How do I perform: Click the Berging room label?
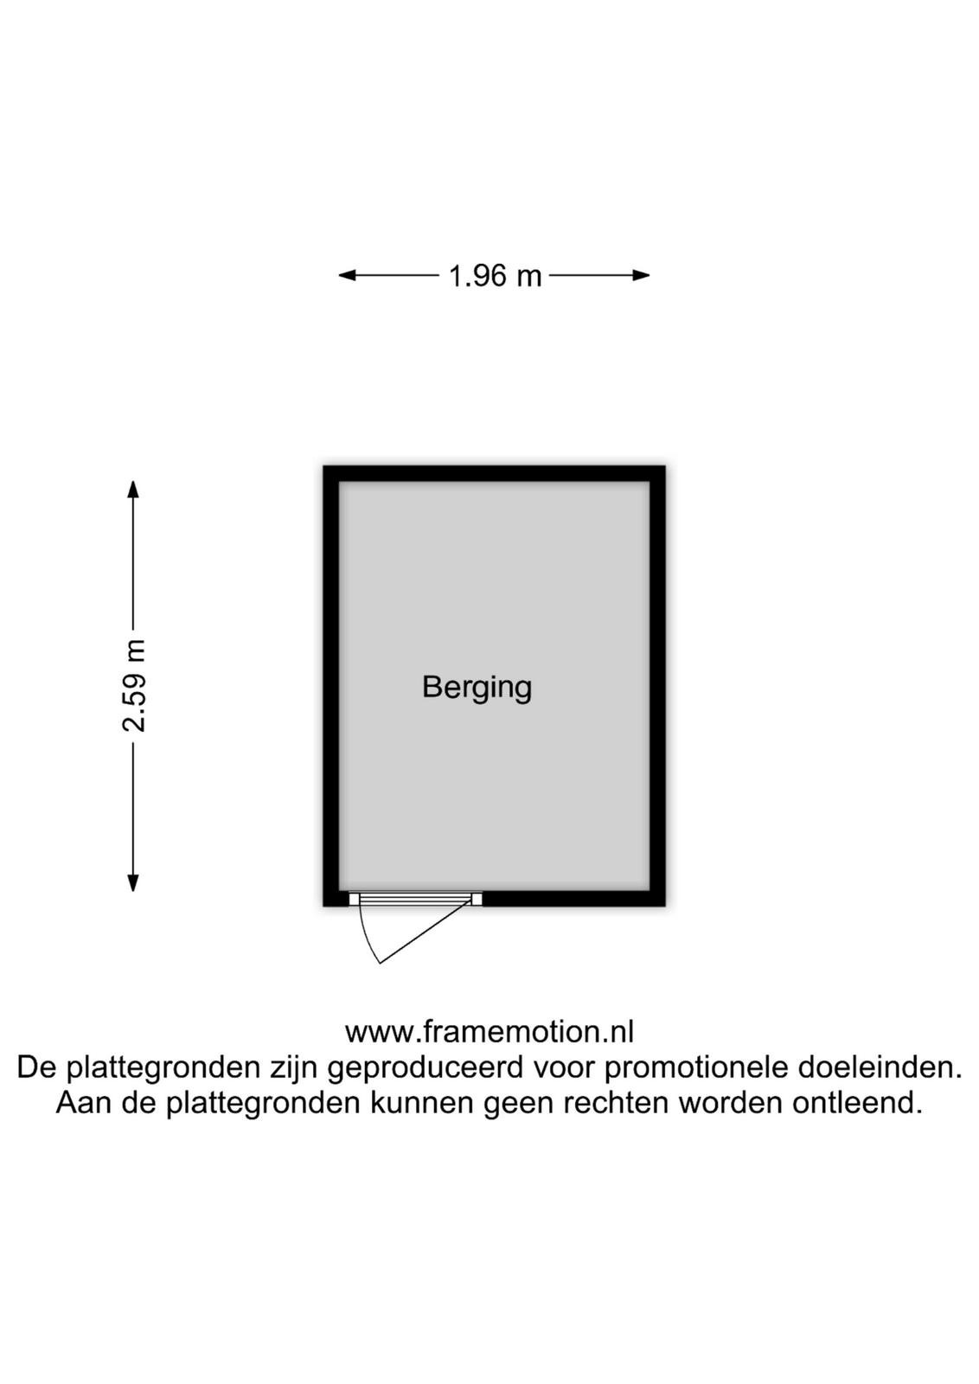(x=477, y=689)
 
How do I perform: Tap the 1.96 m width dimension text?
(x=494, y=276)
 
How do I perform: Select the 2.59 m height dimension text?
(x=133, y=686)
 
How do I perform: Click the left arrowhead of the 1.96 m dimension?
(x=347, y=276)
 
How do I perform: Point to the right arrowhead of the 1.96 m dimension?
(x=641, y=276)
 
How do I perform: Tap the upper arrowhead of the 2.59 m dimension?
(x=133, y=490)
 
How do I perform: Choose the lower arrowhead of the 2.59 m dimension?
(x=133, y=883)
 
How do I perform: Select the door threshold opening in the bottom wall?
(x=415, y=899)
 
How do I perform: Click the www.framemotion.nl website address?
(x=489, y=1032)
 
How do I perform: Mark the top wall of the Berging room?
(x=494, y=473)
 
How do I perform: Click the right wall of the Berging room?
(x=657, y=686)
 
